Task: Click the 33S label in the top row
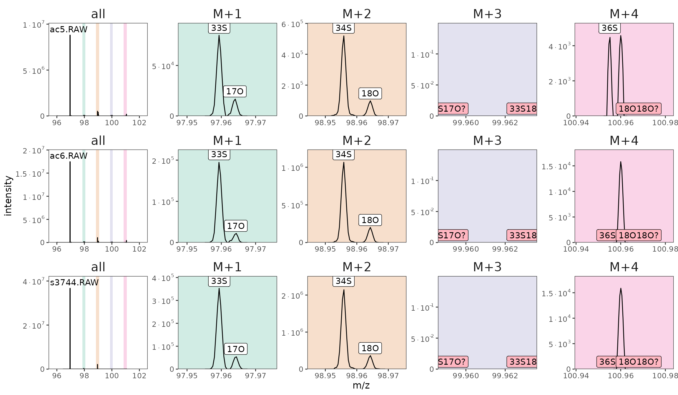pos(219,28)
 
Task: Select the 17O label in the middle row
pos(236,226)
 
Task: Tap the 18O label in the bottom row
pos(370,348)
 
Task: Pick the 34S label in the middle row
pos(344,154)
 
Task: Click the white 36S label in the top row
pos(609,28)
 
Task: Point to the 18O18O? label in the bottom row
pos(639,361)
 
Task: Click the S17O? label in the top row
pos(452,108)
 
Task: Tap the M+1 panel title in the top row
pos(227,14)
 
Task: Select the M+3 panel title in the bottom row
pos(487,267)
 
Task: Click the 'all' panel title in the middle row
pos(98,141)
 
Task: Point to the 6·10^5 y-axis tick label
pos(292,24)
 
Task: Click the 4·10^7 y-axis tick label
pos(34,282)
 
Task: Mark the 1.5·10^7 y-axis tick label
pos(30,174)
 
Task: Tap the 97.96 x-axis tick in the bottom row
pos(221,376)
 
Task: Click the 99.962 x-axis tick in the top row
pos(505,123)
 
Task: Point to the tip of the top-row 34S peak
pos(344,36)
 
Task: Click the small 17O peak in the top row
pos(235,100)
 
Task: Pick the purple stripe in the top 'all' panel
pos(111,70)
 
